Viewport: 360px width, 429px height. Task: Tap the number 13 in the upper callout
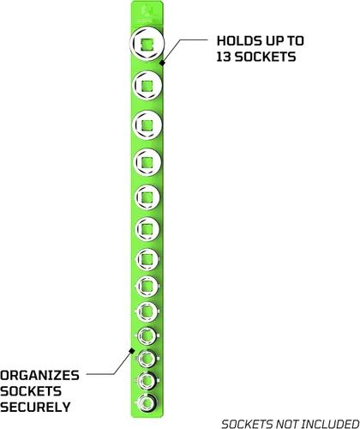point(224,57)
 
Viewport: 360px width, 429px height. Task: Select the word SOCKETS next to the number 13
point(265,57)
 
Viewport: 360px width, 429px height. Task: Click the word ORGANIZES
point(39,376)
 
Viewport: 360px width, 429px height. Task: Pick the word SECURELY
point(35,407)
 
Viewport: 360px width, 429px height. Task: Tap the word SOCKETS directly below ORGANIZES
point(31,391)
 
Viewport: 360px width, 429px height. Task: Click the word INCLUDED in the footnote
point(330,424)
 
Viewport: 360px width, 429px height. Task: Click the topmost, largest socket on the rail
point(147,44)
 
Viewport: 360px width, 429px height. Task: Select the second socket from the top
point(147,85)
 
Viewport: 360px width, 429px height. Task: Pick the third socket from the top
point(147,125)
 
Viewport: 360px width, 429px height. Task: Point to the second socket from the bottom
point(147,380)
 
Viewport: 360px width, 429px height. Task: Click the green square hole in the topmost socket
point(147,44)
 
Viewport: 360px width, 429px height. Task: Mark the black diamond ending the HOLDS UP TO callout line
point(162,63)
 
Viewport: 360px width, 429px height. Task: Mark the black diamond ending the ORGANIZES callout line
point(131,350)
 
